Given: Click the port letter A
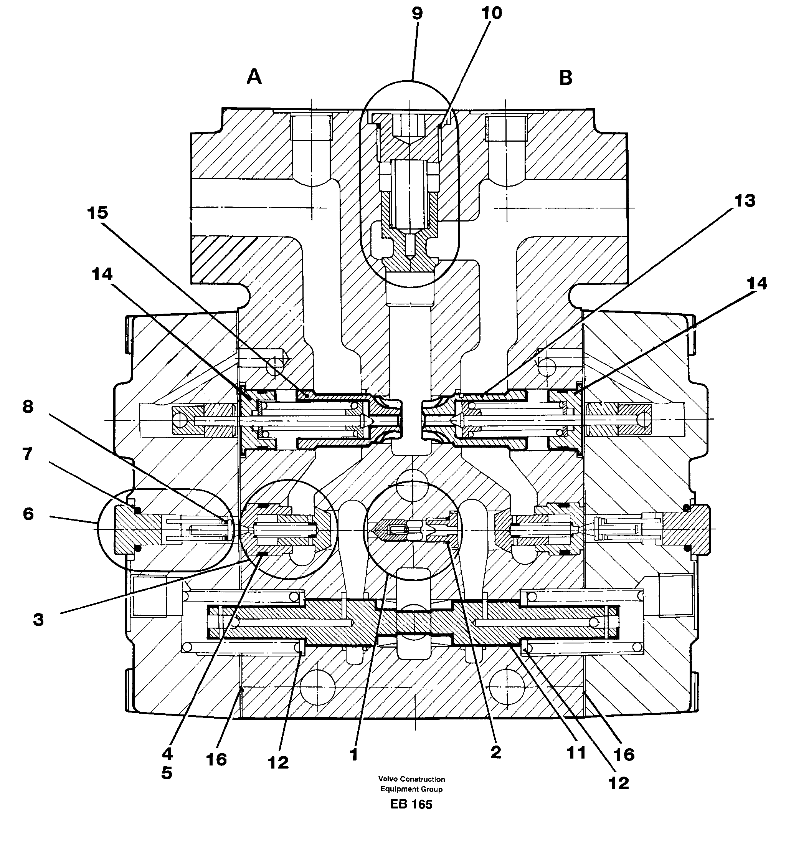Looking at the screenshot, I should click(x=254, y=77).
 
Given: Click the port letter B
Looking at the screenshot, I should click(x=566, y=78).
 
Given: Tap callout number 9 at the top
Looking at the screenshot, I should click(x=417, y=14).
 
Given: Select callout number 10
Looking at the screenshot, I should click(x=492, y=13).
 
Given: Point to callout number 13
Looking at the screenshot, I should click(x=745, y=200).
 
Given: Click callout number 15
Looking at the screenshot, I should click(x=97, y=213).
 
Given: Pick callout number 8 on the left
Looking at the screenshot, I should click(x=28, y=407).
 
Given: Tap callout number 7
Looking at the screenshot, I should click(x=27, y=454).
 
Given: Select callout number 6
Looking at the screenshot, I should click(x=28, y=514).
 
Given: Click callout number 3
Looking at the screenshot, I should click(x=38, y=620).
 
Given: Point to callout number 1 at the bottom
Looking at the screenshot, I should click(x=353, y=755).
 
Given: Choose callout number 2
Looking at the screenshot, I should click(x=495, y=752).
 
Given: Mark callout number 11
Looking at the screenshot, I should click(x=576, y=753).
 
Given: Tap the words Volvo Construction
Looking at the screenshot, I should click(x=411, y=779).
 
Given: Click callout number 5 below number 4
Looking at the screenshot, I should click(x=167, y=773).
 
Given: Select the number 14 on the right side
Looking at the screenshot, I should click(x=756, y=283).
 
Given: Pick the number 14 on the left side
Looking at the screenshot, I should click(x=102, y=274).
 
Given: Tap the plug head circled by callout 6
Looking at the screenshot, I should click(x=128, y=529).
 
